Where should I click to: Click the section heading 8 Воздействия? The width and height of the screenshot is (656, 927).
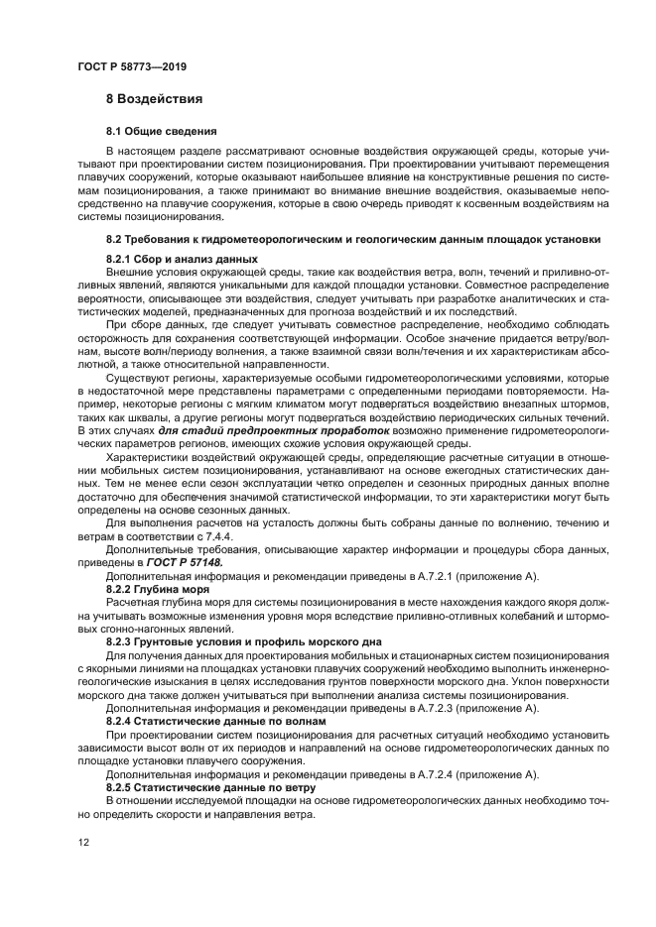[x=154, y=99]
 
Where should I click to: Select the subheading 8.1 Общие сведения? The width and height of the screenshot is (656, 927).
[x=162, y=131]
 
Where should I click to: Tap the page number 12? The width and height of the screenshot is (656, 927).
[x=84, y=841]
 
